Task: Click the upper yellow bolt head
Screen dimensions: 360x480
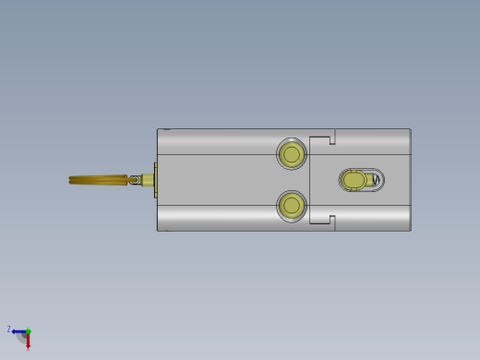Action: coord(292,153)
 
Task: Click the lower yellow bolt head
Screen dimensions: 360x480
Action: coord(292,205)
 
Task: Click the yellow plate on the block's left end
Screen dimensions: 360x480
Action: coord(155,180)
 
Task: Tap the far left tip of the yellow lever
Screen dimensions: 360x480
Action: coord(71,180)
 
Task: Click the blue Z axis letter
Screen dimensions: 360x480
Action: coord(9,329)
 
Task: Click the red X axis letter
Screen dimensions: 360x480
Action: coord(29,348)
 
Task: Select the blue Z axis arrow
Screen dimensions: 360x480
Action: coord(18,331)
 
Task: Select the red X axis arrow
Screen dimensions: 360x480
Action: coord(28,340)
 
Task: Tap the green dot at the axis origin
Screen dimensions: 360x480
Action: coord(28,331)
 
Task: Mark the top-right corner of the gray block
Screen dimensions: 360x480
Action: coord(410,129)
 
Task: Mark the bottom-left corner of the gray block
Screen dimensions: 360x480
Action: coord(158,230)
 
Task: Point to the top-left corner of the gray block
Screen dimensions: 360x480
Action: coord(158,129)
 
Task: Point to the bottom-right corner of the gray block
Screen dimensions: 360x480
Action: coord(410,230)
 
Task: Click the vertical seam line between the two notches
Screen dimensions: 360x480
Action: coord(310,180)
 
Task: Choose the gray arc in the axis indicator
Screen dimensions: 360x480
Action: coord(21,339)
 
